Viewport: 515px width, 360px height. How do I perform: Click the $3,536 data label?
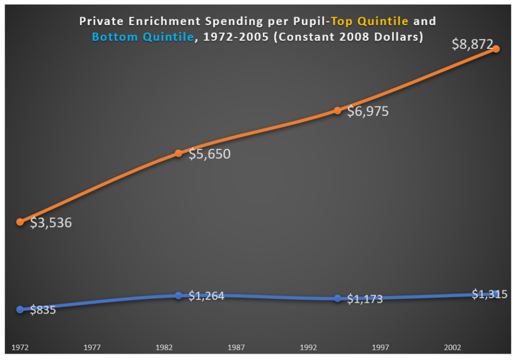coord(51,223)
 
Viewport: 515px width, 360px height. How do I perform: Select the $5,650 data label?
coord(209,154)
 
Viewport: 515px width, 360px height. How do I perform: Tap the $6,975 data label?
coord(368,112)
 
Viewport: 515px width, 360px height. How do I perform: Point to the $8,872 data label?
coord(472,44)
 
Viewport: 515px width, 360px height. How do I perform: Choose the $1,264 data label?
coord(206,296)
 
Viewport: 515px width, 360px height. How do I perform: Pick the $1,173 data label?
coord(365,299)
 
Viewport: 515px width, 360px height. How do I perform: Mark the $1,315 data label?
coord(489,295)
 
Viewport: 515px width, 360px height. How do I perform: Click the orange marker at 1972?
coord(20,222)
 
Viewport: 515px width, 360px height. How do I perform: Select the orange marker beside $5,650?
coord(179,153)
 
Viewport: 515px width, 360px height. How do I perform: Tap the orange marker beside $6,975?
coord(337,111)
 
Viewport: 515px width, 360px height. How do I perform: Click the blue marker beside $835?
coord(20,310)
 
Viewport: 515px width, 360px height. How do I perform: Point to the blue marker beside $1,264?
coord(179,296)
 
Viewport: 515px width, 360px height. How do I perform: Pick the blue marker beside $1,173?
coord(337,298)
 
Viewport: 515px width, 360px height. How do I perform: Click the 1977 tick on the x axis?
coord(93,347)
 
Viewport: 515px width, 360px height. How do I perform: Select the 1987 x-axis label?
coord(236,347)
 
